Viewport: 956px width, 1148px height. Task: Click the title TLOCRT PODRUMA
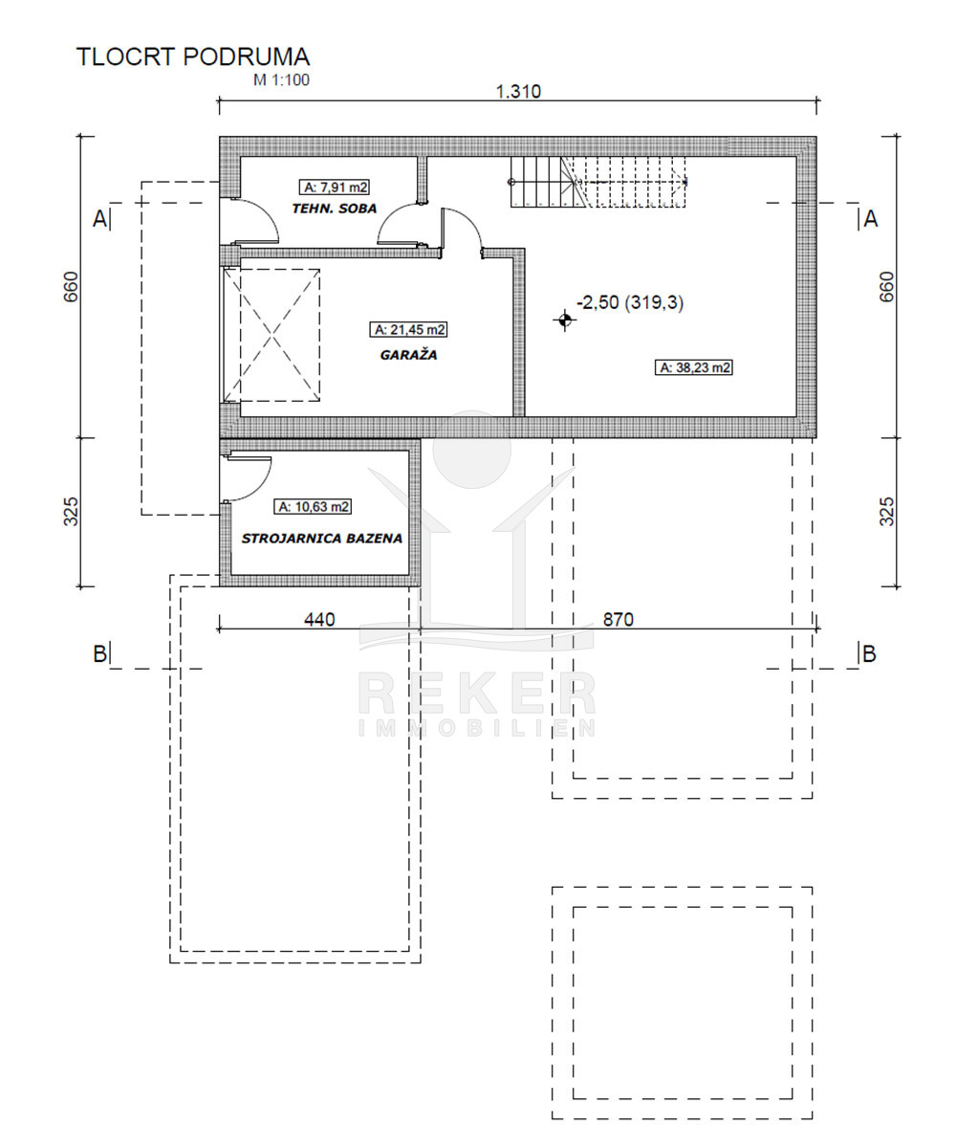193,56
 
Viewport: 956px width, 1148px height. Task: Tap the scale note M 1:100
281,80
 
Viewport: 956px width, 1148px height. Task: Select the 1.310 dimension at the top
518,91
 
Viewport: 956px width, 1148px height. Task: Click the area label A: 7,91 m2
334,188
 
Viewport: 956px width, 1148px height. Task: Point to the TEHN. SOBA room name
334,209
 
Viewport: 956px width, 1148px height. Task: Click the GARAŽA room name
409,355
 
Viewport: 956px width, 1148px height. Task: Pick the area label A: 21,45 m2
408,330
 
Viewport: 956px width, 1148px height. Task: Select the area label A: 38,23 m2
694,367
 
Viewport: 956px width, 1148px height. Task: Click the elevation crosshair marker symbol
565,320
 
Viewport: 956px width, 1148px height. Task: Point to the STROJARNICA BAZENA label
322,539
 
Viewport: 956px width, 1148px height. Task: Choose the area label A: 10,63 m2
313,506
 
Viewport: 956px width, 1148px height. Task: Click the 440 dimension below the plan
319,620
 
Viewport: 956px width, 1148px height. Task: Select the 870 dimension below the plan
619,620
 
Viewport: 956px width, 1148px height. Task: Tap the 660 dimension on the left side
72,286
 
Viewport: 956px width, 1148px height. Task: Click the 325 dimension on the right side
886,512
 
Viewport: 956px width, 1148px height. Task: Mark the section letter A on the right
871,219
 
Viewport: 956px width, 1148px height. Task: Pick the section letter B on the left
99,653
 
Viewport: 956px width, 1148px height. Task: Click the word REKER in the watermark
477,695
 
